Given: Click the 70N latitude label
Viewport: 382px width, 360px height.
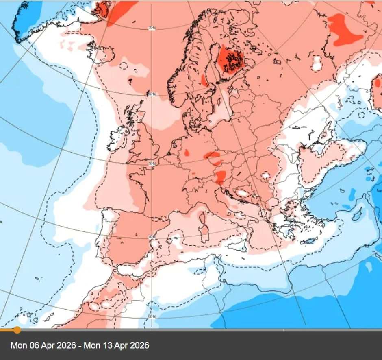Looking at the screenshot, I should [x=151, y=28].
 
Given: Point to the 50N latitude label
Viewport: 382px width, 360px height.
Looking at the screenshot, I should [x=152, y=163].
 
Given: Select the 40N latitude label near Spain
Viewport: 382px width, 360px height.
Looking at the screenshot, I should [x=151, y=237].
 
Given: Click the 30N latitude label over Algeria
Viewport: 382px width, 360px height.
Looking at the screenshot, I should [x=151, y=316].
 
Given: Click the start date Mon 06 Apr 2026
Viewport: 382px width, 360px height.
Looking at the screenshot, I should [x=43, y=345].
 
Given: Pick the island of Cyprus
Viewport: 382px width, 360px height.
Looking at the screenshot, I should [x=357, y=214].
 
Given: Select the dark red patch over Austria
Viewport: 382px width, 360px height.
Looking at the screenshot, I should [x=221, y=177].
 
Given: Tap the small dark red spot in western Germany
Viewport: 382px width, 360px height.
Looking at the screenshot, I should [x=187, y=153].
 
